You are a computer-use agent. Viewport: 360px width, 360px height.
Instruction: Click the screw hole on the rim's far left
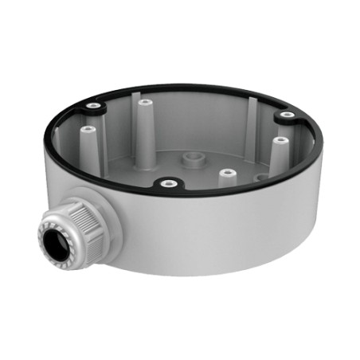pyautogui.click(x=96, y=106)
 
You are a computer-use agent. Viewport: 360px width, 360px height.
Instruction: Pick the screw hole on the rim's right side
pyautogui.click(x=283, y=117)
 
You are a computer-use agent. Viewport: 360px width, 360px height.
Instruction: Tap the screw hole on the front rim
pyautogui.click(x=168, y=185)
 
